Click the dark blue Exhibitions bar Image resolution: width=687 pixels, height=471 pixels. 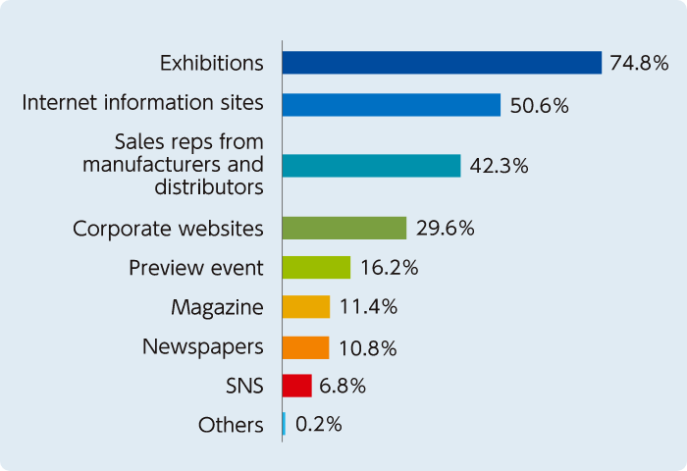coord(442,63)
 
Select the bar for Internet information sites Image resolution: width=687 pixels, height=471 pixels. coord(391,105)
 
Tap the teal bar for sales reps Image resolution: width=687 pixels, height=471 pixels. coord(371,166)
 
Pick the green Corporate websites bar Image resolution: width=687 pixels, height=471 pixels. coord(343,229)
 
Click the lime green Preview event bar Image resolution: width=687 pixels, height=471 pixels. coord(316,267)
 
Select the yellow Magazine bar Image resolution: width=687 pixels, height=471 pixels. coord(305,307)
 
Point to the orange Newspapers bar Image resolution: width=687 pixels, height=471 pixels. coord(304,347)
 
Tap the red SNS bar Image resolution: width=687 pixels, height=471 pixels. coord(296,386)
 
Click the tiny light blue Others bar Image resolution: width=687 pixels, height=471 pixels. coord(284,424)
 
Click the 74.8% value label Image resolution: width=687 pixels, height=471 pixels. coord(639,63)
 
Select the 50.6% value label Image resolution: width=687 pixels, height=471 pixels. coord(539,105)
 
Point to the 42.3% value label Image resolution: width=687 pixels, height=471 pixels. coord(499,166)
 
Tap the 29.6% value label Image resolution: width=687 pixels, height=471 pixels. coord(445,229)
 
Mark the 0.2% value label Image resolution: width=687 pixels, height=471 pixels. coord(318,425)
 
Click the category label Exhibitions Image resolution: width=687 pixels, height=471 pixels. coord(212,64)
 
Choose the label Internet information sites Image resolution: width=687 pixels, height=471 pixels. coord(142,102)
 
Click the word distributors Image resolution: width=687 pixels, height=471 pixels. coord(208,185)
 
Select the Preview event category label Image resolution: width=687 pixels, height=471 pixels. coord(196,268)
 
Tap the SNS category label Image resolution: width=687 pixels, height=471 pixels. coord(243,386)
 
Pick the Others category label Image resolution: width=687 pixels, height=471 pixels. coord(231,425)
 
